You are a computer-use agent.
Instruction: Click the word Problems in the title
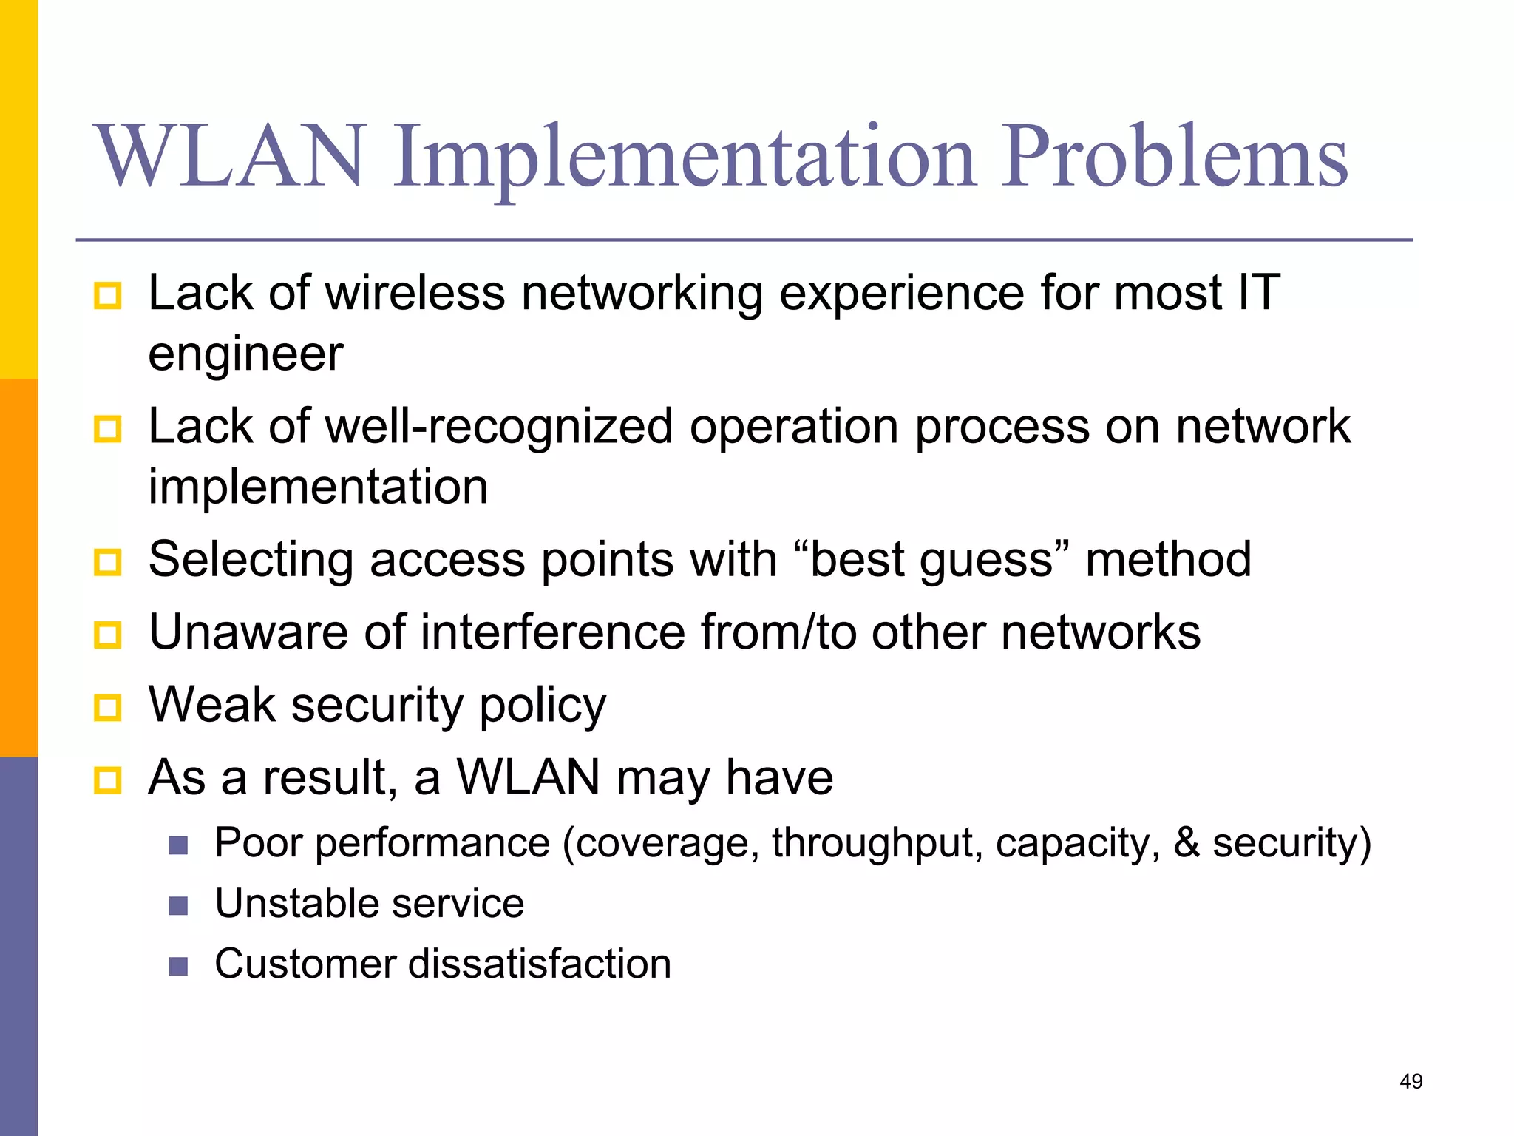coord(1175,157)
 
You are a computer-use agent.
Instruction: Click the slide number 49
coord(1411,1082)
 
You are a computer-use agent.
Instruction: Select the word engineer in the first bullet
coord(245,354)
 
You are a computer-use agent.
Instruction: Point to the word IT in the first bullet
coord(1258,293)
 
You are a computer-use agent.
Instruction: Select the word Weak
coord(212,704)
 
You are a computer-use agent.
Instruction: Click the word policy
coord(543,706)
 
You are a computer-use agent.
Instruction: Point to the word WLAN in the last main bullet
coord(528,777)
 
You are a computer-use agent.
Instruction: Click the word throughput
coord(877,843)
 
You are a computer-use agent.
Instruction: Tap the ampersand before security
coord(1187,842)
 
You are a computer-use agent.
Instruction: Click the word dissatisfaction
coord(539,964)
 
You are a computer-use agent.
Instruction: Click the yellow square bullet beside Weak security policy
coord(108,708)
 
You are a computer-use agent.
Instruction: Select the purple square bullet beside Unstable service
coord(178,906)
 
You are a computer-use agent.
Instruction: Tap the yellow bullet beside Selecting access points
coord(108,562)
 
